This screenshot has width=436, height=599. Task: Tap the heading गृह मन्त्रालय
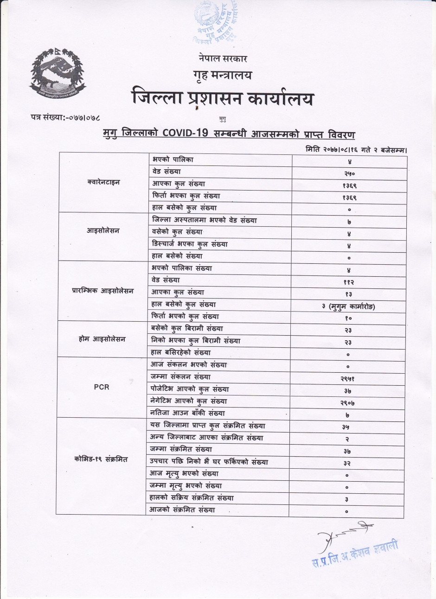[x=223, y=75]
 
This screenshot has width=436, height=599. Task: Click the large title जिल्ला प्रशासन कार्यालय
[x=222, y=99]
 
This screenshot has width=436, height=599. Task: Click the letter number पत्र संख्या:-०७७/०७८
[x=66, y=119]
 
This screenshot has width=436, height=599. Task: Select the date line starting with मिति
[x=356, y=149]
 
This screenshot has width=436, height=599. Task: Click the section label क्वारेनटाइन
[x=103, y=183]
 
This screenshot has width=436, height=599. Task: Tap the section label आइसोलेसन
[x=103, y=231]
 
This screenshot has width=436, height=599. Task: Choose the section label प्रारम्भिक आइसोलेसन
[x=103, y=291]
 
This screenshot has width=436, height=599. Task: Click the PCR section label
[x=102, y=387]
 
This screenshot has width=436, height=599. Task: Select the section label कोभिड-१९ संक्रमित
[x=101, y=459]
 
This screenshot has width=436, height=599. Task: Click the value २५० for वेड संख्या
[x=349, y=174]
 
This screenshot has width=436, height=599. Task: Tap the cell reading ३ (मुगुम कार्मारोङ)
[x=349, y=306]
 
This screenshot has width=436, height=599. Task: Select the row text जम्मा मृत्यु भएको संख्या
[x=186, y=486]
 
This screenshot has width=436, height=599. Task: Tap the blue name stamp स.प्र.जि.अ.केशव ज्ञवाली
[x=355, y=554]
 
